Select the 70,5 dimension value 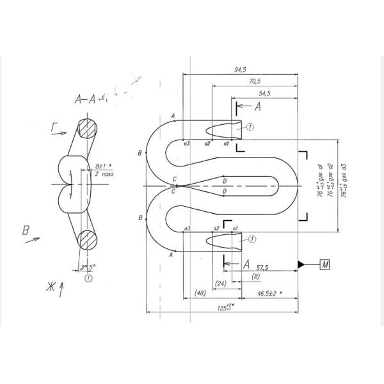coord(254,81)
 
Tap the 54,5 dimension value coord(263,93)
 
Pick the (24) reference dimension coord(222,283)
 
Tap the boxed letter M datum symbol coord(324,264)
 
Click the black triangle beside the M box coord(300,264)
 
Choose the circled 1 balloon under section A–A coord(88,278)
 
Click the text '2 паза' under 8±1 coord(104,174)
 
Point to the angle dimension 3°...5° coord(89,268)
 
